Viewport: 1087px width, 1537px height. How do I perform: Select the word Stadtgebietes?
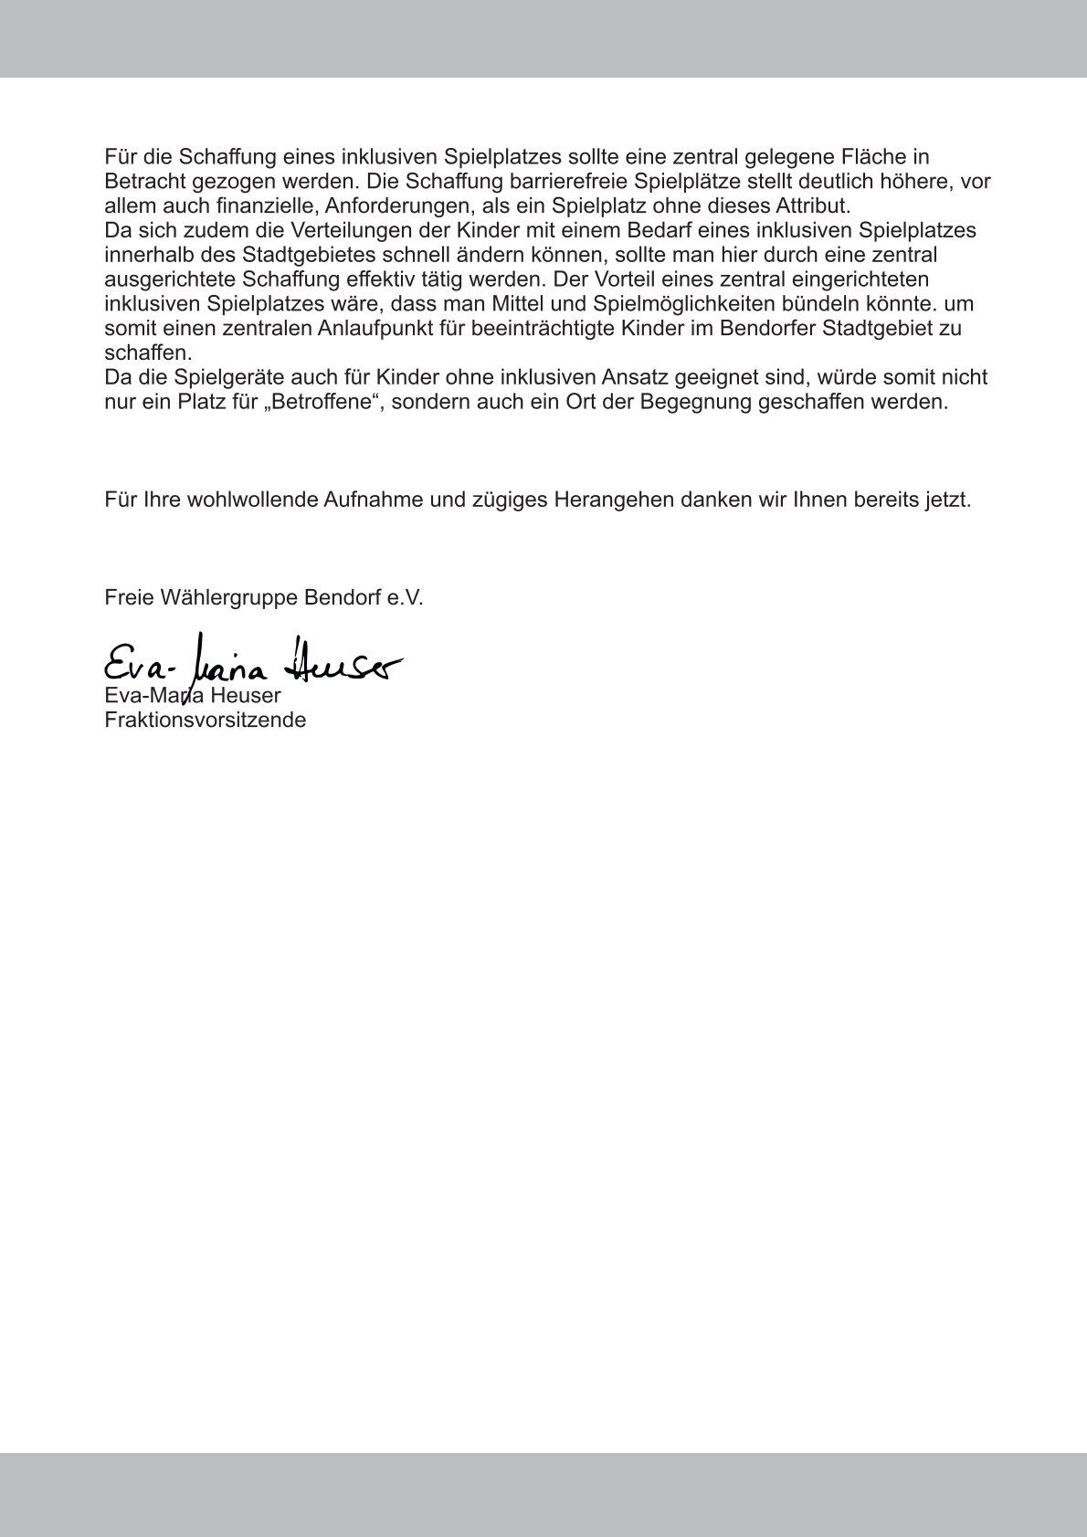click(299, 255)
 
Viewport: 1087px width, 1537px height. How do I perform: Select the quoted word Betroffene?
click(320, 402)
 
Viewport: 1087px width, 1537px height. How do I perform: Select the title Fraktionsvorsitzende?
click(206, 720)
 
